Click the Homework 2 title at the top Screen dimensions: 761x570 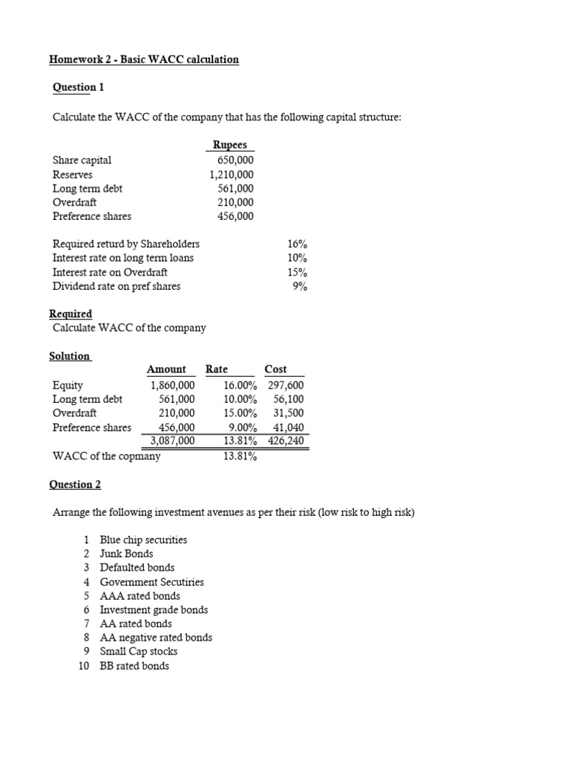point(144,59)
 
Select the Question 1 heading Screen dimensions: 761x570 point(78,88)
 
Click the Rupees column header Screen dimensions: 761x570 point(230,146)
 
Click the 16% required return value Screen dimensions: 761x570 point(297,244)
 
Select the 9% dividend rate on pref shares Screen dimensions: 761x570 point(300,286)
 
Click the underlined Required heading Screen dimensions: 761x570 point(71,314)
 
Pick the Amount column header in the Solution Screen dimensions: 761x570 point(166,369)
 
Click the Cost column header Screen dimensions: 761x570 point(275,369)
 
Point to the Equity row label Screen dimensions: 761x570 point(68,385)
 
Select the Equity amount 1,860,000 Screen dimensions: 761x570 point(172,385)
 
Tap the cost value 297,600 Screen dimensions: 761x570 point(285,385)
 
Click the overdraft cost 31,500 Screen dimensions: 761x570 point(288,413)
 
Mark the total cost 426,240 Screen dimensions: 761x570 point(285,441)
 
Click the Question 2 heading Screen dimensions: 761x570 point(75,485)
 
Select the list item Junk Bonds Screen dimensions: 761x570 point(126,554)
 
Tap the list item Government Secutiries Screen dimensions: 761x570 point(151,582)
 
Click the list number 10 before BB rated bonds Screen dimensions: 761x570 point(84,666)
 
